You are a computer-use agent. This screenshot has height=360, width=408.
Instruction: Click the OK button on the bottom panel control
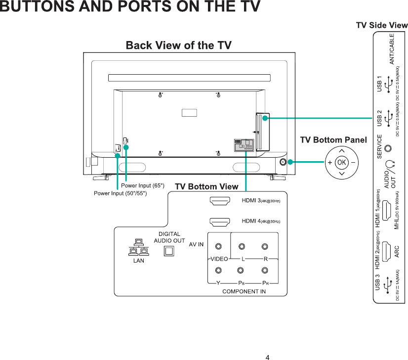pos(341,163)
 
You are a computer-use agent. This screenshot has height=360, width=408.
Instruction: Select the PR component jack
pos(265,270)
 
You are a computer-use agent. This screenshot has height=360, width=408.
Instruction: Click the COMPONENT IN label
pos(244,291)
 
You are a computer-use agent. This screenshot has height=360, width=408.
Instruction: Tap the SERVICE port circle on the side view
pos(391,147)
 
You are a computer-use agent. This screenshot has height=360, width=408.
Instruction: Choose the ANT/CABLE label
pos(392,49)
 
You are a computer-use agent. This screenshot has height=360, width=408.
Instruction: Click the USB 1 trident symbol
pos(390,84)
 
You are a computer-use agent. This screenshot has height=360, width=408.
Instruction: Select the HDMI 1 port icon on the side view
pos(390,207)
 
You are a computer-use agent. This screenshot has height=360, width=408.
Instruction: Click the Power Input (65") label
pos(146,185)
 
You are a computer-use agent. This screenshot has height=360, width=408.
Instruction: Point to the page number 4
pos(267,357)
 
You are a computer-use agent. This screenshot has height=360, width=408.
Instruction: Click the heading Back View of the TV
pos(179,46)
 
